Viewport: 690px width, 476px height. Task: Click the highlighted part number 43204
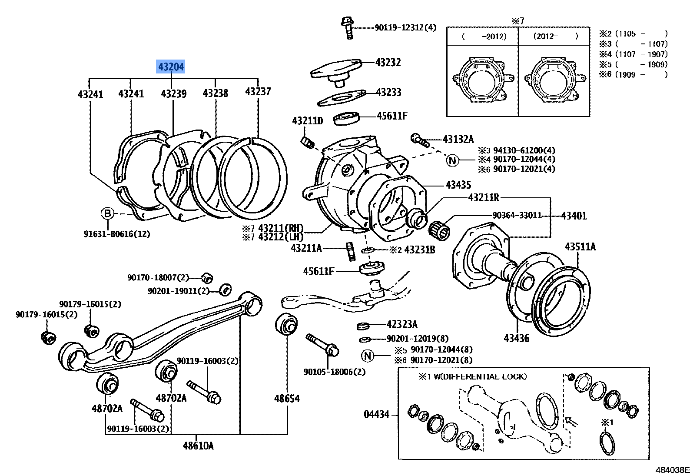pos(171,67)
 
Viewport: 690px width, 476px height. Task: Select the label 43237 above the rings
pos(258,91)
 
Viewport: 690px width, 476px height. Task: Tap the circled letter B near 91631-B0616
pos(107,213)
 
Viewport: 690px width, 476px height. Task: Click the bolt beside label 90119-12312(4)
pos(348,27)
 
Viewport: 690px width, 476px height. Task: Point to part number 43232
pos(388,63)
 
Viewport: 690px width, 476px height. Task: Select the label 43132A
pos(458,140)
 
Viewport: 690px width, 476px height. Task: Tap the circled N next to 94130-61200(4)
pos(452,160)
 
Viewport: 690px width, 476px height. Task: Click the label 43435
pos(458,185)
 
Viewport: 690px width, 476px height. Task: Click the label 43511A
pos(580,247)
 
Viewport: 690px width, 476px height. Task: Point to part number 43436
pos(516,338)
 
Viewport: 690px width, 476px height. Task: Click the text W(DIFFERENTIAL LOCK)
pos(480,376)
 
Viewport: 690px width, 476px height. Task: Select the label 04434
pos(376,414)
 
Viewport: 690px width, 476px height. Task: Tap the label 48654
pos(287,398)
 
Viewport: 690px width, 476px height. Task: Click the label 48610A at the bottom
pos(198,446)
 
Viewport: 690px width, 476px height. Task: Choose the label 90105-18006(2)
pos(334,372)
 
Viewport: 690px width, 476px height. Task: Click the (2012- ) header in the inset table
pos(555,37)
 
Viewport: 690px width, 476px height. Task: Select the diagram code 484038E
pos(672,470)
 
